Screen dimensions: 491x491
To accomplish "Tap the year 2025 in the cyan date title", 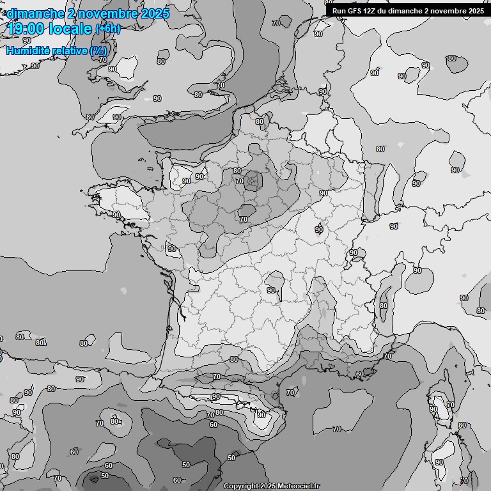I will click(154, 13).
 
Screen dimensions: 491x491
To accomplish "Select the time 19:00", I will click(26, 29).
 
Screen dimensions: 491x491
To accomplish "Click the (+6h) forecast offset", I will click(107, 29).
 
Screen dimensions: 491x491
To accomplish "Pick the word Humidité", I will click(29, 50).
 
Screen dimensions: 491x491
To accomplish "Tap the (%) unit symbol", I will click(98, 50).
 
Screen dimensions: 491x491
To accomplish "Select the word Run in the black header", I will click(339, 10).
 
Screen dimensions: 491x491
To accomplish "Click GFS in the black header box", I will click(354, 10).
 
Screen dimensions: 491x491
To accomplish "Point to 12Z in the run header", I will click(370, 10).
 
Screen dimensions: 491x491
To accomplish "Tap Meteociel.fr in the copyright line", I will click(298, 486).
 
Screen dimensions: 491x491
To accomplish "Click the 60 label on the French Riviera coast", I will click(360, 374).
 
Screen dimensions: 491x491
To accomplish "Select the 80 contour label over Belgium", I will click(259, 121).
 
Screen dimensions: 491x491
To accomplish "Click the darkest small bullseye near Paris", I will click(254, 181).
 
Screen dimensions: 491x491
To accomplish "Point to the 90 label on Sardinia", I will click(439, 462).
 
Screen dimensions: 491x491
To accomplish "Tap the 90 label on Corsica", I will click(433, 409).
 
